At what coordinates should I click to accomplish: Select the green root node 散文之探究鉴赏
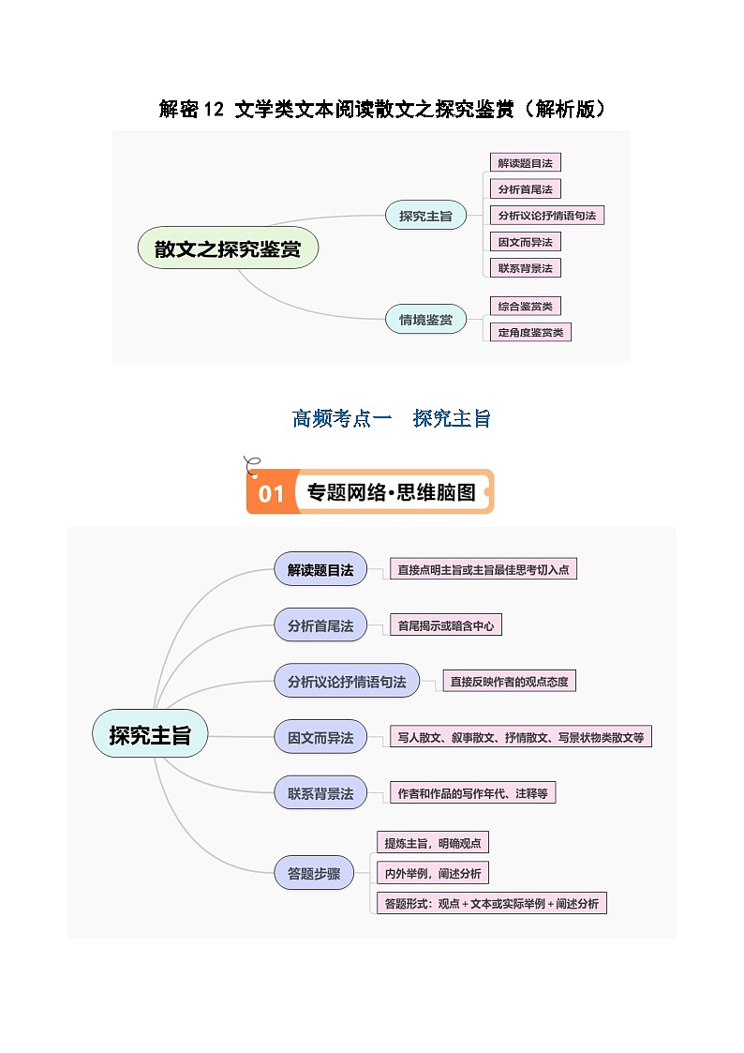[228, 249]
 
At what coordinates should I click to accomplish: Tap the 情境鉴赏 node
[425, 320]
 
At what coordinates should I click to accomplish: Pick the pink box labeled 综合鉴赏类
[525, 306]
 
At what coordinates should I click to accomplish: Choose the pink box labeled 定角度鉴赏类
[530, 332]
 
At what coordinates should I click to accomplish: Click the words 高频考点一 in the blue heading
[342, 419]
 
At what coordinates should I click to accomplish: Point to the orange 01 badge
[271, 493]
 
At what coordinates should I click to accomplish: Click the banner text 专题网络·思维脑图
[391, 492]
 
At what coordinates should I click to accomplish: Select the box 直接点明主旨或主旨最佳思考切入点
[483, 569]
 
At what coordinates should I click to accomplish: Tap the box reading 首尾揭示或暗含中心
[445, 625]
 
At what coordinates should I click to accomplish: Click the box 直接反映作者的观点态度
[509, 682]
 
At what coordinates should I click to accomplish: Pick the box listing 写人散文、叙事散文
[520, 737]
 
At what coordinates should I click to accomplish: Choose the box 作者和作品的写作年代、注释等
[472, 793]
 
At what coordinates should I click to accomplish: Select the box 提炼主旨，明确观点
[432, 843]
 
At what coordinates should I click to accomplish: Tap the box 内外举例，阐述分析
[432, 873]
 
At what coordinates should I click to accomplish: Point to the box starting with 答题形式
[491, 904]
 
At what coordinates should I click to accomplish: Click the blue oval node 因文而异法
[320, 738]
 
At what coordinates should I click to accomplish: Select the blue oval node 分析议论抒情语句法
[347, 682]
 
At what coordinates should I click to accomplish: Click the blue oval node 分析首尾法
[320, 625]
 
